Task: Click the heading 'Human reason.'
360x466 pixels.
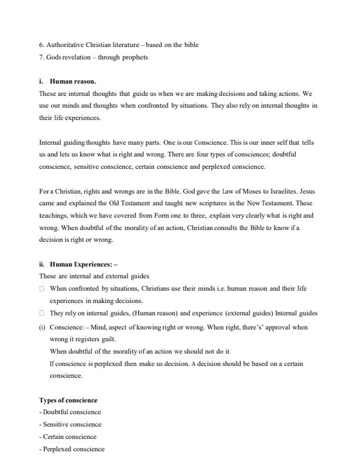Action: (x=72, y=82)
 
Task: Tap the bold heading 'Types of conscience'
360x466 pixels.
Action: (x=68, y=400)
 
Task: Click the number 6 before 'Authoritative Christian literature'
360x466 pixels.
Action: (x=41, y=45)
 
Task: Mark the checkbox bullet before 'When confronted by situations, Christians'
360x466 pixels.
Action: (x=42, y=289)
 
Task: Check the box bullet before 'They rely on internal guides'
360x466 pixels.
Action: (x=42, y=314)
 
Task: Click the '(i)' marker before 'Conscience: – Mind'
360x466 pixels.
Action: (x=42, y=327)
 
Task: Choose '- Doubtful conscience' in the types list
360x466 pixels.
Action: (x=70, y=412)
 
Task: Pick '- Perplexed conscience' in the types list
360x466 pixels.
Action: (x=72, y=449)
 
